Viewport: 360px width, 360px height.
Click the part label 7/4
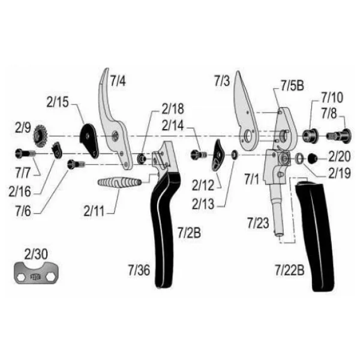tap(118, 81)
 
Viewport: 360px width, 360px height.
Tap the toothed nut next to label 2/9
tap(40, 136)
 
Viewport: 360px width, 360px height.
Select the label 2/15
tap(58, 102)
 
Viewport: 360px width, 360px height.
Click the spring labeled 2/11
tap(119, 183)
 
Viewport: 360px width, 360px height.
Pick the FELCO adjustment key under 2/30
tap(36, 273)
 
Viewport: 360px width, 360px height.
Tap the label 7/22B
tap(290, 270)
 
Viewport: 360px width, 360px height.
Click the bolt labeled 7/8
tap(339, 136)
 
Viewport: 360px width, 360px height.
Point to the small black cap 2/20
tap(313, 158)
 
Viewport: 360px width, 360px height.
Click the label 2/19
tap(340, 173)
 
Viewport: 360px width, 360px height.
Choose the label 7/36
tap(139, 270)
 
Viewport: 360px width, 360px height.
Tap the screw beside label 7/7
tap(25, 153)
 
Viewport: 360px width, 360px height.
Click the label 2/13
tap(203, 204)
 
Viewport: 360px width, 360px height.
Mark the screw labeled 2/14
tap(199, 154)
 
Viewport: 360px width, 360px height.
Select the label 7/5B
tap(292, 86)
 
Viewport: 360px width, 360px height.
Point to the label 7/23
tap(258, 223)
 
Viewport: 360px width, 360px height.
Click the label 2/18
tap(173, 109)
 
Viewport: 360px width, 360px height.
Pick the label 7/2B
tap(189, 232)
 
